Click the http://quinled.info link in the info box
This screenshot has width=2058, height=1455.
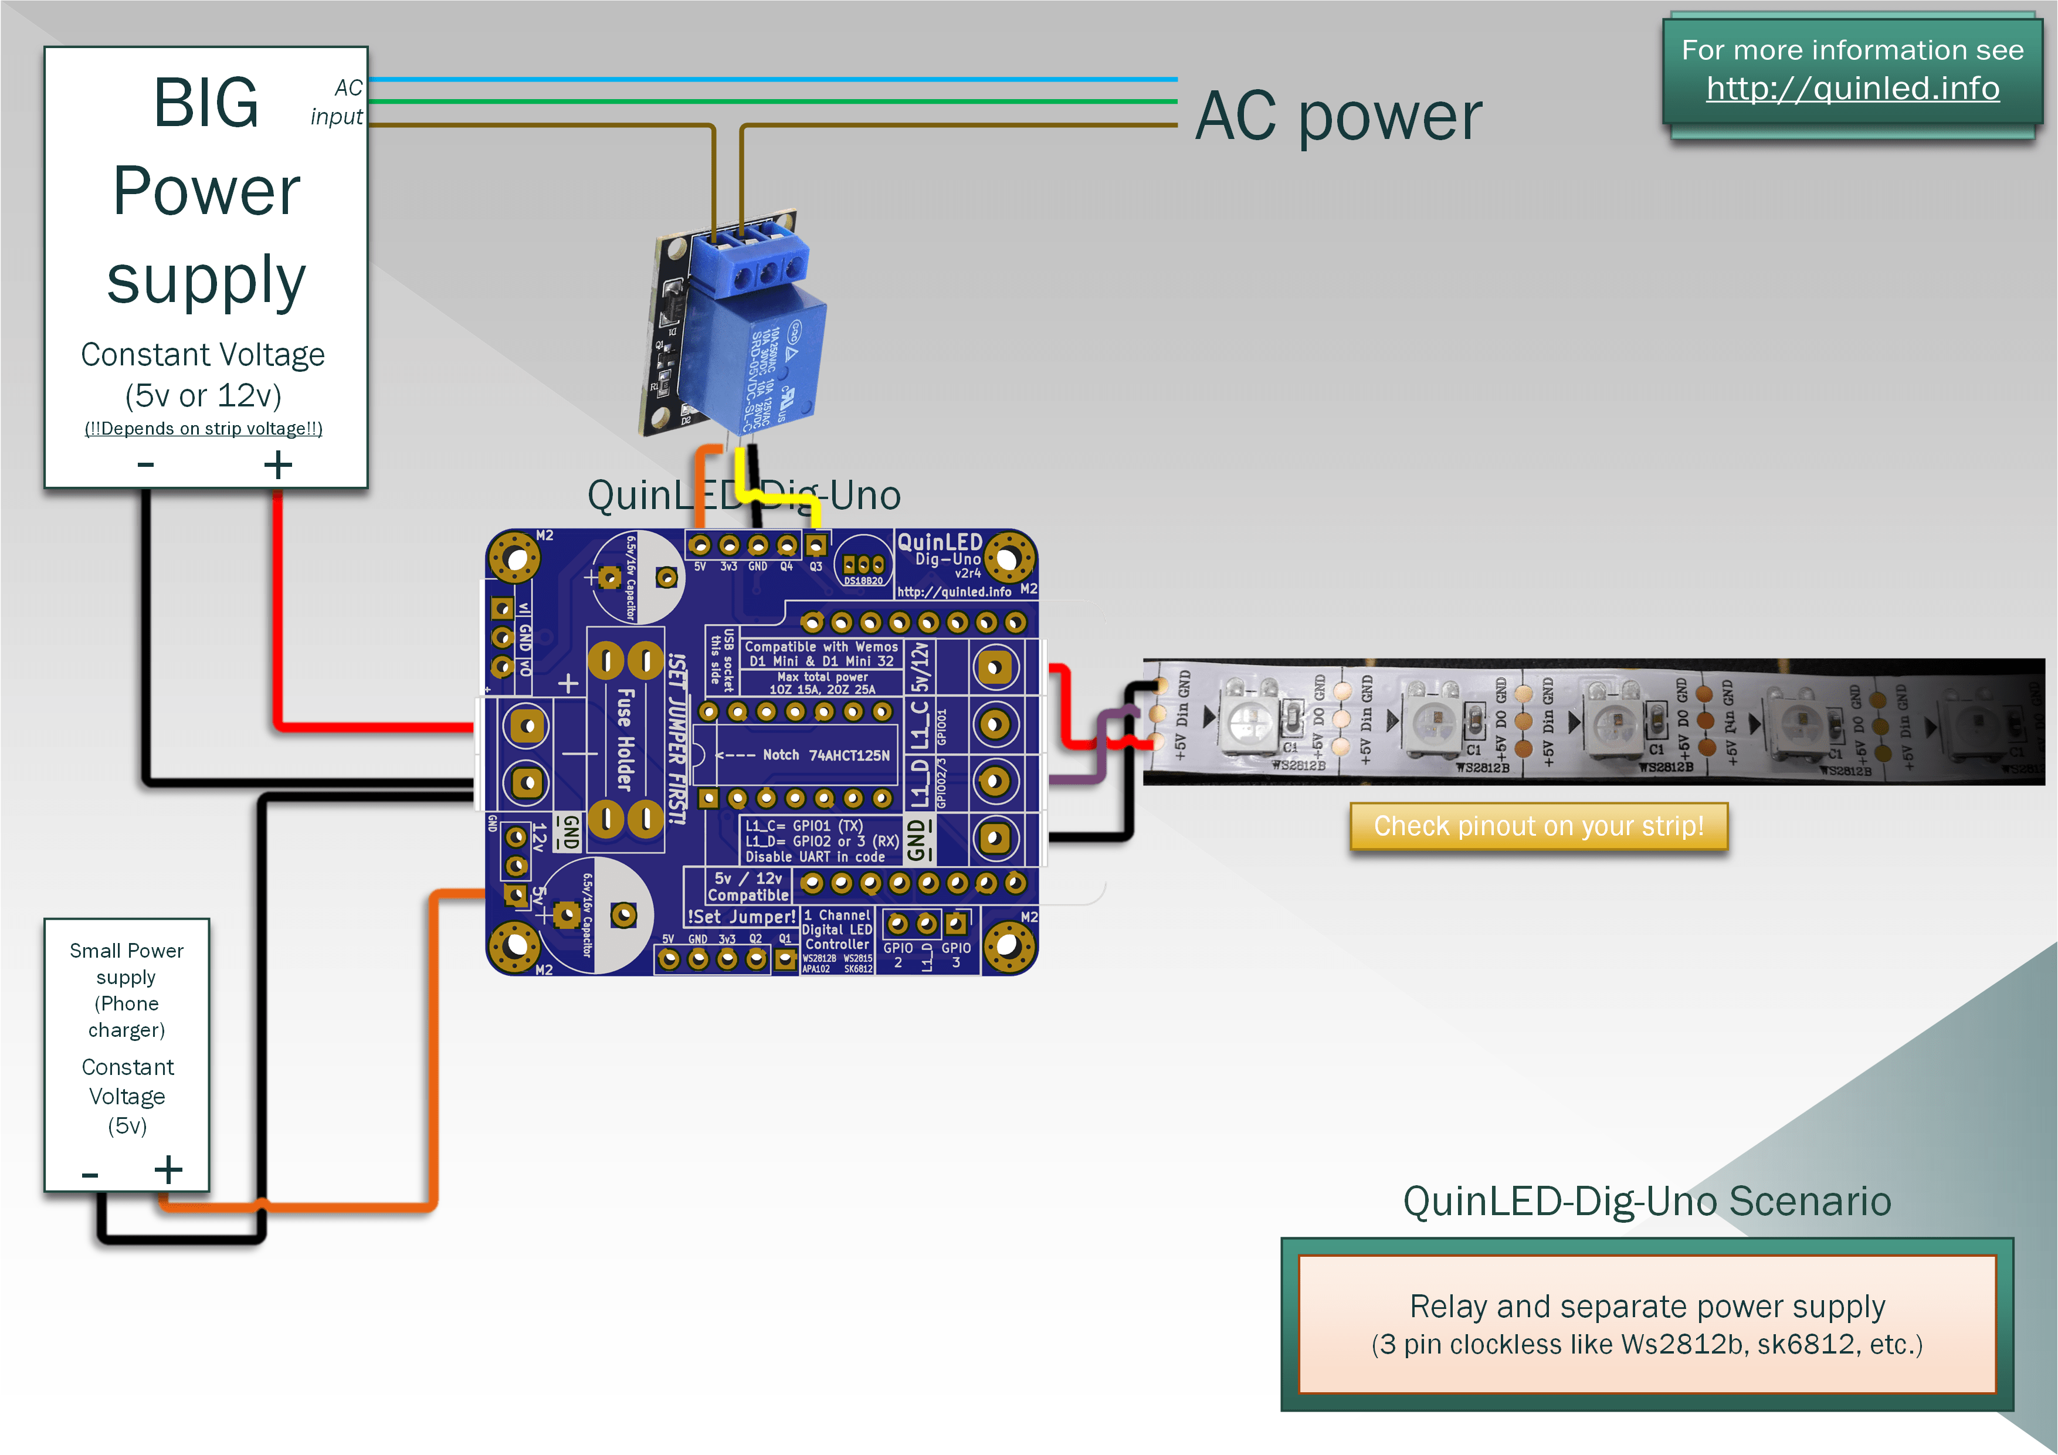pos(1852,88)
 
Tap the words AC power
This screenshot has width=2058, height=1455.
pos(1338,117)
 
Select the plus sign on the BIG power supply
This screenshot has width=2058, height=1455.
pos(278,464)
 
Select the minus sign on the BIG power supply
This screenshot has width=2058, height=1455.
pos(146,464)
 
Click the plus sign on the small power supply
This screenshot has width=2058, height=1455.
pos(168,1170)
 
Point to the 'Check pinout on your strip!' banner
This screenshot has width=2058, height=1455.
pos(1538,826)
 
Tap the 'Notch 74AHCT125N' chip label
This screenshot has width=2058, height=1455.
pos(826,755)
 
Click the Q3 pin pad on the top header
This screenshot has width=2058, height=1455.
pos(815,545)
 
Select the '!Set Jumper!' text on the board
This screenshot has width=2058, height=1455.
pos(741,916)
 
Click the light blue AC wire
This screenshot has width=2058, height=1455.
pos(771,79)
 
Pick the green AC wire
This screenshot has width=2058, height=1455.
pos(771,101)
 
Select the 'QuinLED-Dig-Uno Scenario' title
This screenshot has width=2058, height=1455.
pos(1647,1201)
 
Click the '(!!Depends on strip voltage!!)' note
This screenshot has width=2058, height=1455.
pos(204,429)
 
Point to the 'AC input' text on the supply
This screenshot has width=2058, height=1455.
pos(337,102)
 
